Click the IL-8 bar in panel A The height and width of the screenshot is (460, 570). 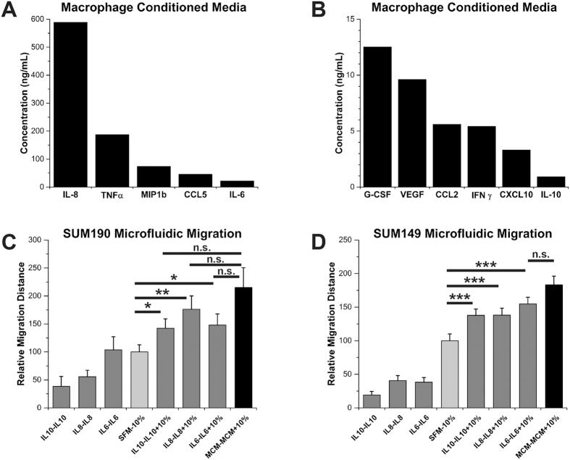(70, 104)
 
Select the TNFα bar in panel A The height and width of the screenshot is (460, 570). (112, 161)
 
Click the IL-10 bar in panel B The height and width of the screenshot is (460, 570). (550, 182)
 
